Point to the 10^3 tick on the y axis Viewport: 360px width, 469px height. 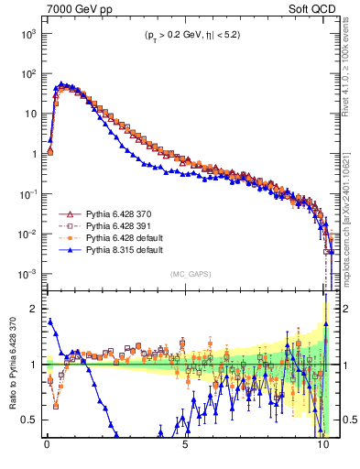(27, 34)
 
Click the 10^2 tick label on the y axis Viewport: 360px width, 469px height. (27, 74)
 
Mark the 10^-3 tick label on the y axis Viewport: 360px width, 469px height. (27, 275)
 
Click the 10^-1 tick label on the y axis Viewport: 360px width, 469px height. (27, 195)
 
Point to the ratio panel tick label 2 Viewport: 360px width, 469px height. (32, 310)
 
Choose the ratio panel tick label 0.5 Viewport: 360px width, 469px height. (28, 420)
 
